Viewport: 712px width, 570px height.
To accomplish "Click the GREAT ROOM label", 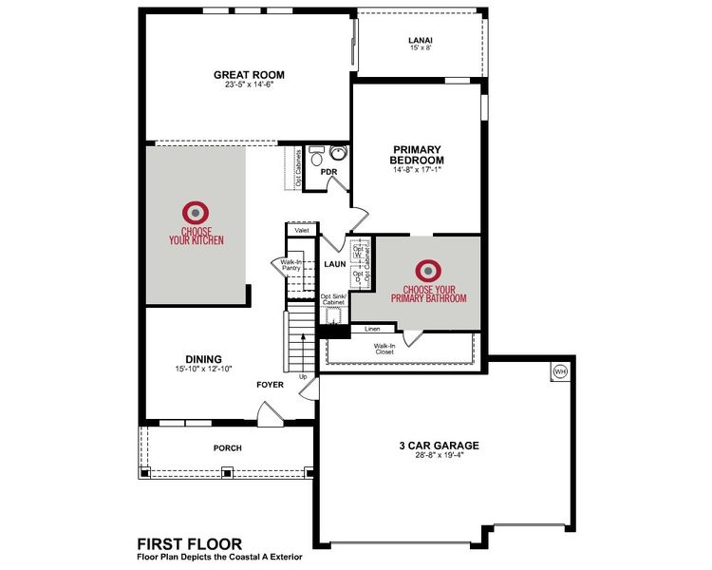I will (x=249, y=75).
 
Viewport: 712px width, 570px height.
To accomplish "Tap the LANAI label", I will (x=421, y=40).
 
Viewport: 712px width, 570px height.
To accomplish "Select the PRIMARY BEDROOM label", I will (x=417, y=155).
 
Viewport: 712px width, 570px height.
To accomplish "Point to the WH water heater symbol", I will (x=559, y=371).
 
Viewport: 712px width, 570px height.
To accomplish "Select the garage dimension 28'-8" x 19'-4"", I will (x=438, y=455).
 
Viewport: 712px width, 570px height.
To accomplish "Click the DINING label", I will (x=204, y=358).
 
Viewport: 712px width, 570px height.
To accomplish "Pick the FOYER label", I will (x=271, y=385).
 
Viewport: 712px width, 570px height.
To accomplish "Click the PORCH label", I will (x=227, y=447).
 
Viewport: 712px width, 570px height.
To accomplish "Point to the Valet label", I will (x=302, y=230).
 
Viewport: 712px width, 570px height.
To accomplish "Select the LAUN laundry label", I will (x=333, y=263).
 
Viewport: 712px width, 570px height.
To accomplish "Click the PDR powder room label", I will (x=329, y=172).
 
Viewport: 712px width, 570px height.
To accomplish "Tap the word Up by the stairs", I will (x=304, y=377).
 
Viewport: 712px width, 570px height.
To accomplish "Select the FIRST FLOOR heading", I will (x=189, y=543).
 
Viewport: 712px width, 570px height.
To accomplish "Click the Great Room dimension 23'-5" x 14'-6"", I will (x=249, y=85).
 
